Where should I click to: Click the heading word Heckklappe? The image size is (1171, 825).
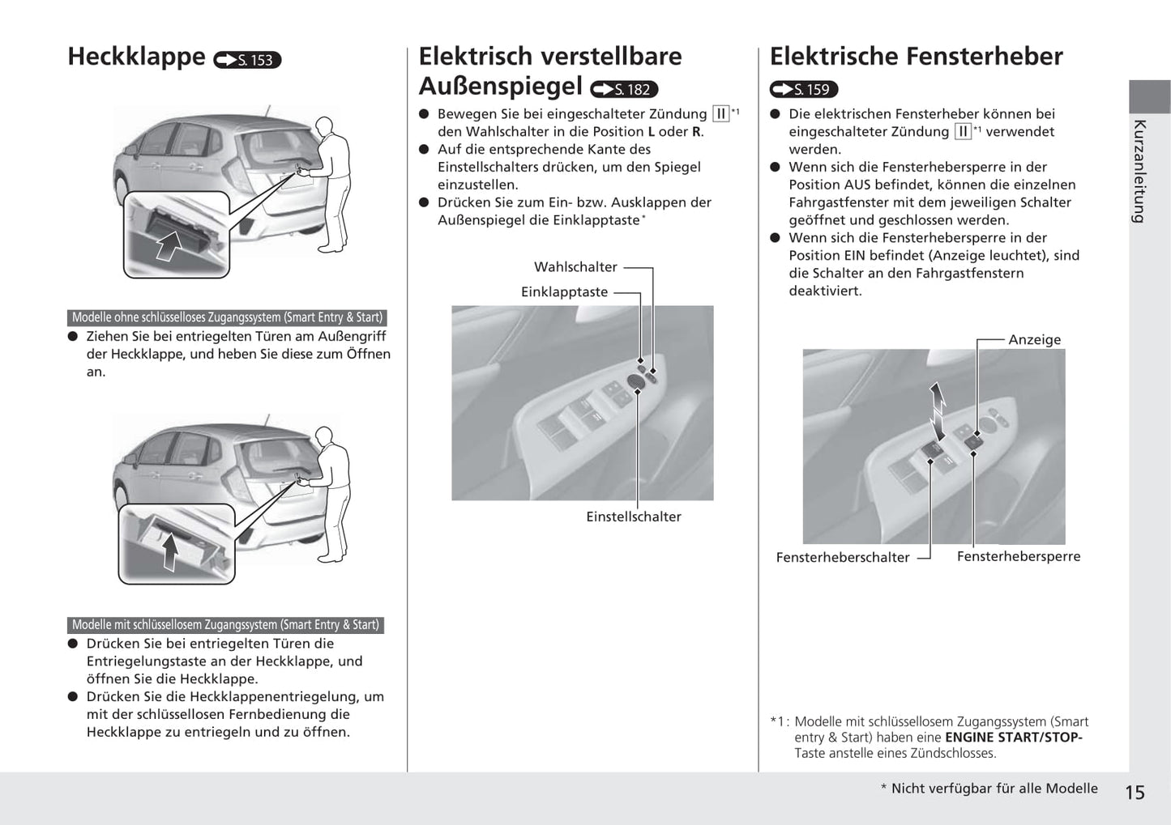[136, 57]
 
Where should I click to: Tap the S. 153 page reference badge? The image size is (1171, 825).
[247, 60]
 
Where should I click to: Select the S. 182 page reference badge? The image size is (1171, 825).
[624, 89]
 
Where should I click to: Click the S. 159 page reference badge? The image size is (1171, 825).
[804, 89]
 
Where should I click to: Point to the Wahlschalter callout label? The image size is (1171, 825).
[575, 267]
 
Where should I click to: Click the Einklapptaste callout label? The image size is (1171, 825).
[564, 292]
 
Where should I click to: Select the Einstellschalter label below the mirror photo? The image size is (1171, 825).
[634, 517]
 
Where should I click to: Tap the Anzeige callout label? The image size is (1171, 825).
[1034, 340]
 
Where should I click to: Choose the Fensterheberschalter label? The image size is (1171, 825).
[843, 557]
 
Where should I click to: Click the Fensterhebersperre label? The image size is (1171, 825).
[1019, 556]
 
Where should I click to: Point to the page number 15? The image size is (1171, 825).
[1135, 793]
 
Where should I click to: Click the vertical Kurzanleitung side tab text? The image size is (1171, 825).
[1139, 171]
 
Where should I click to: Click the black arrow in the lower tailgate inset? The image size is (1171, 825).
[170, 552]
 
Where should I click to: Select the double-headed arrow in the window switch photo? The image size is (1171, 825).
[938, 408]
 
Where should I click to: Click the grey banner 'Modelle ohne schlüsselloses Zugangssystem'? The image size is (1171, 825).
[227, 317]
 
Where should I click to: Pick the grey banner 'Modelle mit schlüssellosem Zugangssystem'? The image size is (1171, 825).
[225, 625]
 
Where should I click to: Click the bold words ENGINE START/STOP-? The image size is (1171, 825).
[1013, 738]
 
